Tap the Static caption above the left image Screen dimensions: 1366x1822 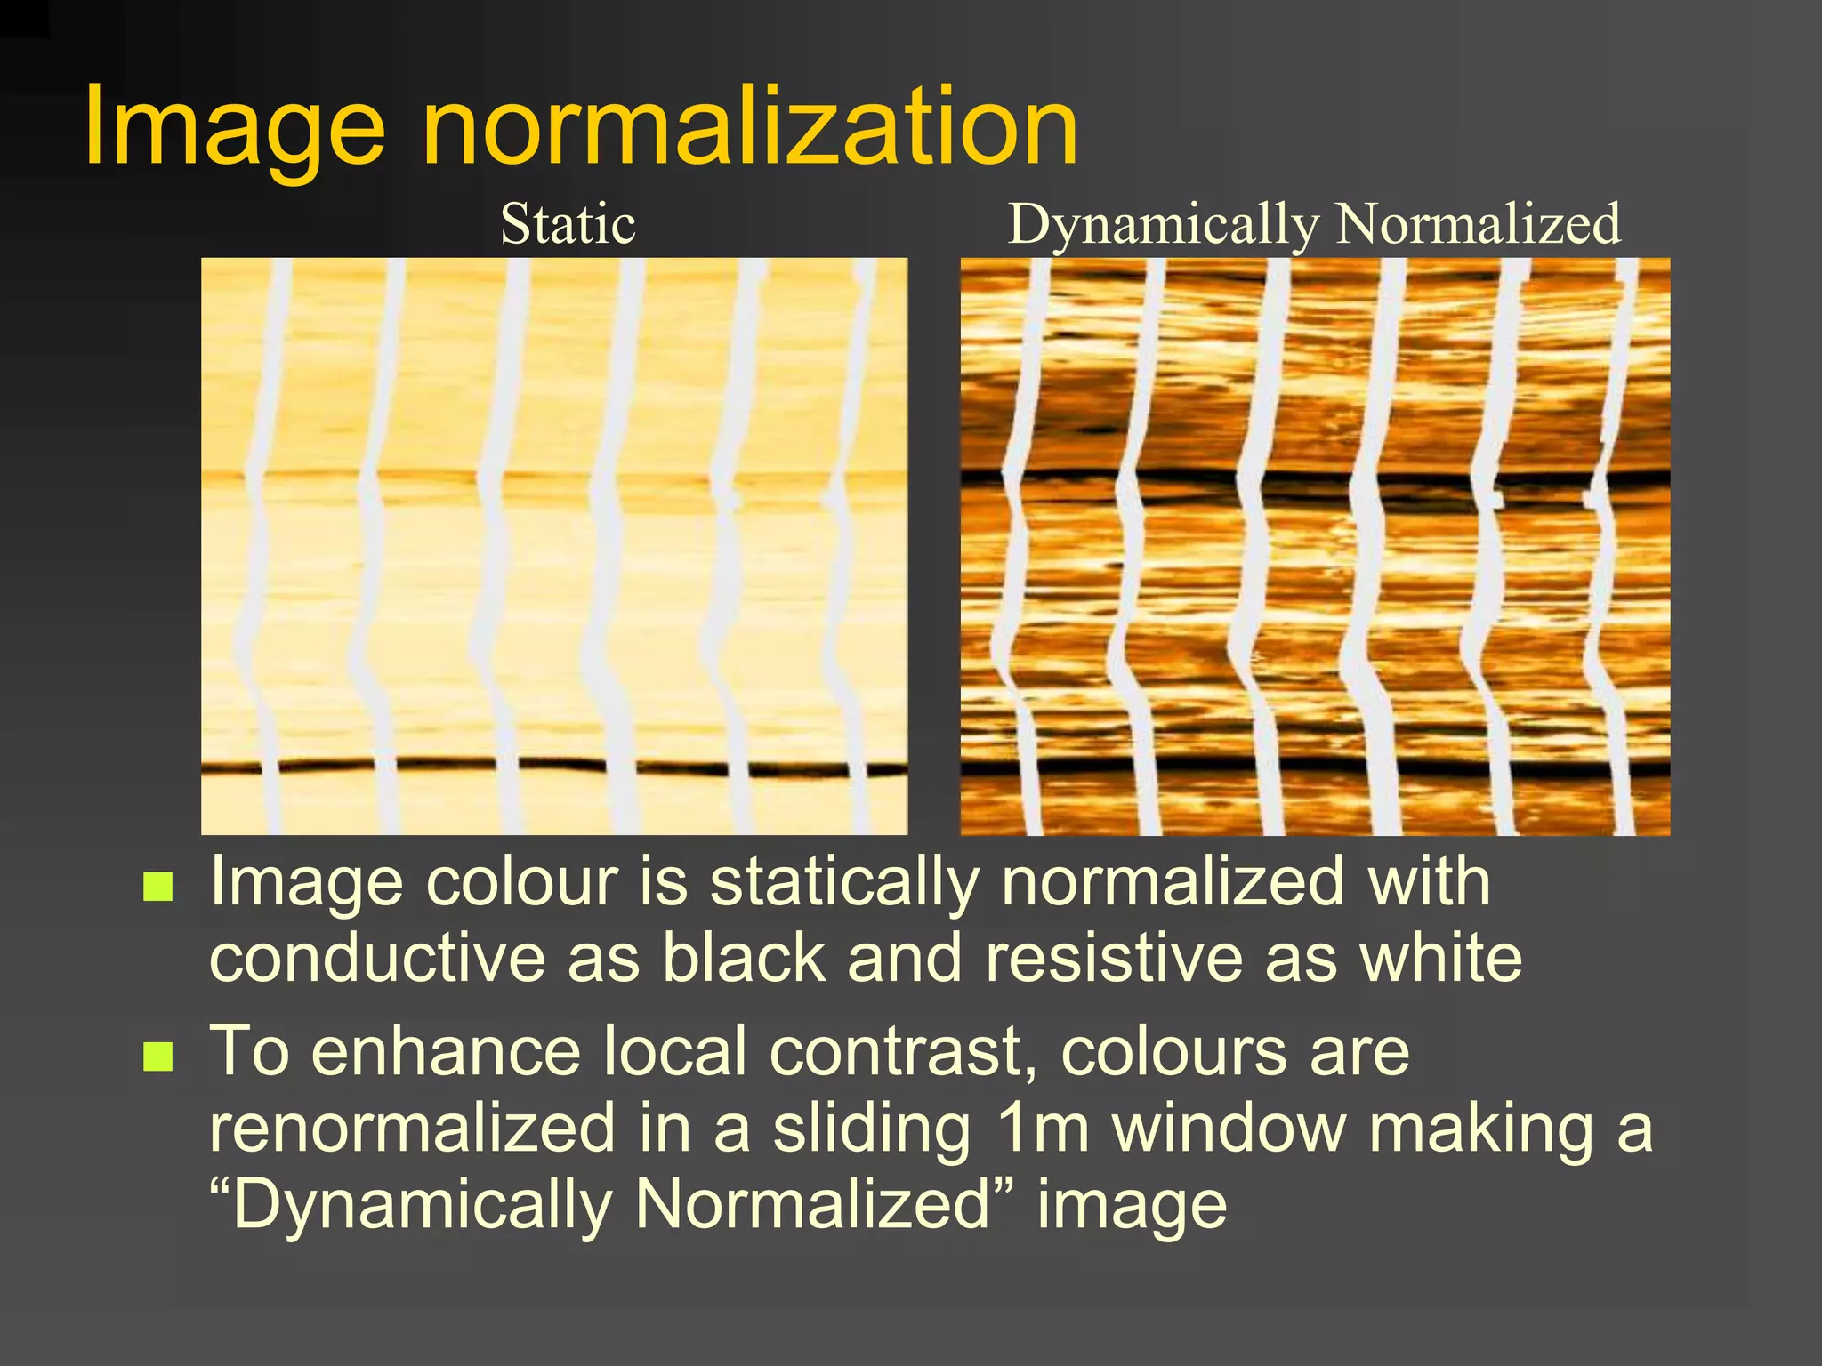coord(568,223)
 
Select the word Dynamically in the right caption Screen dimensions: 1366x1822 coord(1163,225)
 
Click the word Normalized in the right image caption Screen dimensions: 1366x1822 coord(1479,223)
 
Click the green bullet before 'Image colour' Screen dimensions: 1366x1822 coord(157,887)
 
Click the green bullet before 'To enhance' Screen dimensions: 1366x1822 coord(157,1057)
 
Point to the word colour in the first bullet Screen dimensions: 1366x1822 coord(522,882)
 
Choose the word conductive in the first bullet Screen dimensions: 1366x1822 coord(377,959)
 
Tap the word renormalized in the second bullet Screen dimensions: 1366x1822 coord(413,1128)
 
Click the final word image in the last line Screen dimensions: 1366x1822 coord(1132,1206)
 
